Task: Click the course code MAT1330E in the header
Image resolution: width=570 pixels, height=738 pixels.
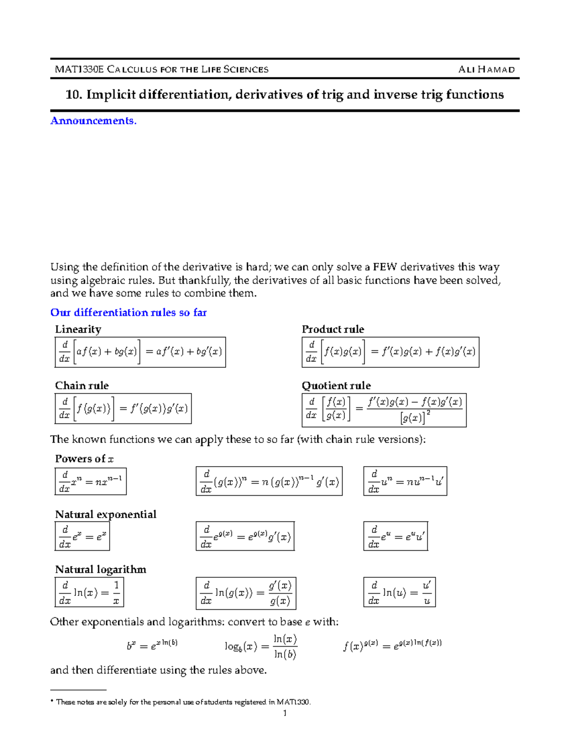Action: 79,69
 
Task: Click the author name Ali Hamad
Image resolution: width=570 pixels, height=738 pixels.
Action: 486,69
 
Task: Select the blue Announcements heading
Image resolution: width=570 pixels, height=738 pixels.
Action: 94,121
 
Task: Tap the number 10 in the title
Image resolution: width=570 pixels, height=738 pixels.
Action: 73,95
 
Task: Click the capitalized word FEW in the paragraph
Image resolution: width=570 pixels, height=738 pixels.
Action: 385,267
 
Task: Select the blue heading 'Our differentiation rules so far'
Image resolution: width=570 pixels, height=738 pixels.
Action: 128,312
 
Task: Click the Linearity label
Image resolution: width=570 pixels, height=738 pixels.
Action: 78,329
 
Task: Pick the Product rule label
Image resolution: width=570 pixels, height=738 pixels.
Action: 333,329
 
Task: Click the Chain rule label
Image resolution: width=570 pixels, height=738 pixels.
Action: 82,385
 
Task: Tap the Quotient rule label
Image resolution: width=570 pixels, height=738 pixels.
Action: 336,385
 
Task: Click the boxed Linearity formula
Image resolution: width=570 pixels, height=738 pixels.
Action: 140,352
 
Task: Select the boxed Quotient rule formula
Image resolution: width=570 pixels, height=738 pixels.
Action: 384,410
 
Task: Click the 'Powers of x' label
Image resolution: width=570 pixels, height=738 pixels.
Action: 84,459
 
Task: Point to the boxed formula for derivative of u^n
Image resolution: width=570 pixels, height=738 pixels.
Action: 405,481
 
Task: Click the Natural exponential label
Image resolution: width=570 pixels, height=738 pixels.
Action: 105,514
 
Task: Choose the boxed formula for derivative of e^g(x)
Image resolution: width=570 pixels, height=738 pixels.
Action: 245,537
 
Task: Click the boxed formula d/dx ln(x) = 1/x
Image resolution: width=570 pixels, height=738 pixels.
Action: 89,592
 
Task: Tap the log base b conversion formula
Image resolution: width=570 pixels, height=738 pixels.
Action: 261,646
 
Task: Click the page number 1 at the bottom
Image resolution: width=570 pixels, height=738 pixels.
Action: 285,713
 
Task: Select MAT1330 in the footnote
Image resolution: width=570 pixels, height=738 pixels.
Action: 293,702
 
